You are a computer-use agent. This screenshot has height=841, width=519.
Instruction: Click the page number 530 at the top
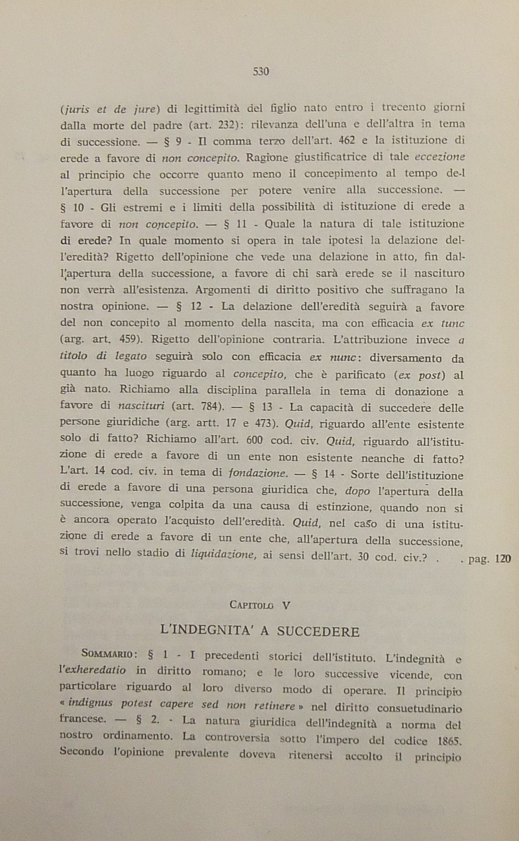[261, 72]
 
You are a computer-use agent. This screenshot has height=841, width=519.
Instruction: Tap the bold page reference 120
[503, 559]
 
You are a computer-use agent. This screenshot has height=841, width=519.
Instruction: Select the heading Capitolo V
[260, 605]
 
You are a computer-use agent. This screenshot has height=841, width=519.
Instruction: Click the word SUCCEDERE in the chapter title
[318, 632]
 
